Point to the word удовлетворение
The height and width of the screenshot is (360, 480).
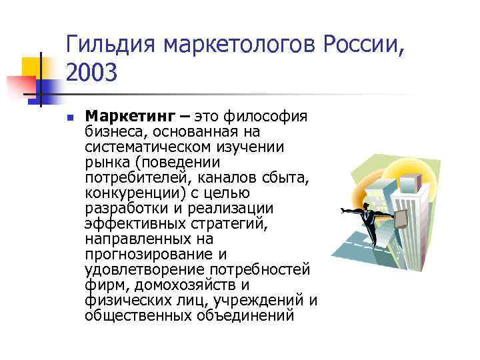145,269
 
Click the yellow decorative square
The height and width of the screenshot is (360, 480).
31,67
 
